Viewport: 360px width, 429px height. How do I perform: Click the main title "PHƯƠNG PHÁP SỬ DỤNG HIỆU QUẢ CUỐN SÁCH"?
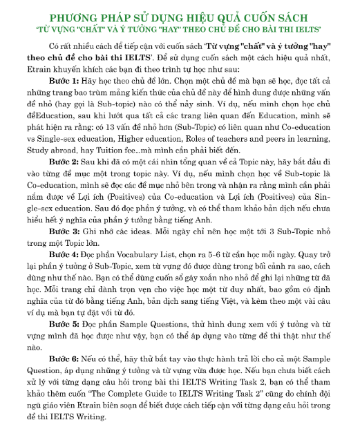pyautogui.click(x=180, y=17)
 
